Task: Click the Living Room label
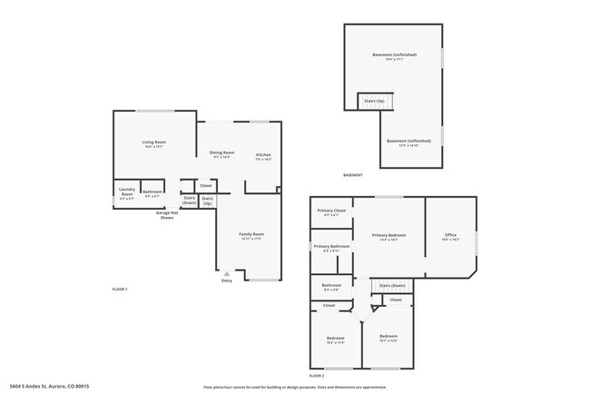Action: point(153,142)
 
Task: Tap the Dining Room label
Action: point(222,152)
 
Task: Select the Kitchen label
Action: point(263,155)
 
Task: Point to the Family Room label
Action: point(251,234)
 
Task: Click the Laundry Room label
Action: point(127,192)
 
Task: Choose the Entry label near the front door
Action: point(226,280)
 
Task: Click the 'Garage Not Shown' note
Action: point(167,215)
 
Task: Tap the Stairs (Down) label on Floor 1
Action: point(190,199)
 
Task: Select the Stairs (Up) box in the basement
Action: point(373,100)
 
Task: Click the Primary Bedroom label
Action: point(388,235)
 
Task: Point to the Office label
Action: point(451,235)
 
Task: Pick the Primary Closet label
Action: point(330,211)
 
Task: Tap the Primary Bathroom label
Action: point(332,247)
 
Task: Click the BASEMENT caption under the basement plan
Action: point(352,174)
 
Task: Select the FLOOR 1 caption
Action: point(120,289)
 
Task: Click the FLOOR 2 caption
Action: point(317,375)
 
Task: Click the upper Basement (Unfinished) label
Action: point(395,55)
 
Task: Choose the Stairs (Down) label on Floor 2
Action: point(392,286)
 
